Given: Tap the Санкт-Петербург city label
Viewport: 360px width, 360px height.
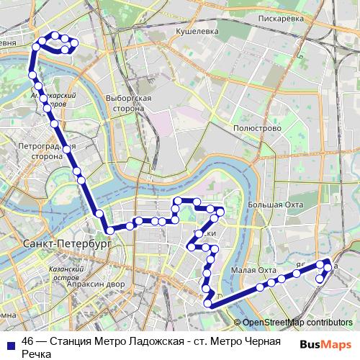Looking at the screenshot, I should [66, 244].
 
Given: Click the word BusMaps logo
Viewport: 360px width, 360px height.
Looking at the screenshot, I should [326, 343].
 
